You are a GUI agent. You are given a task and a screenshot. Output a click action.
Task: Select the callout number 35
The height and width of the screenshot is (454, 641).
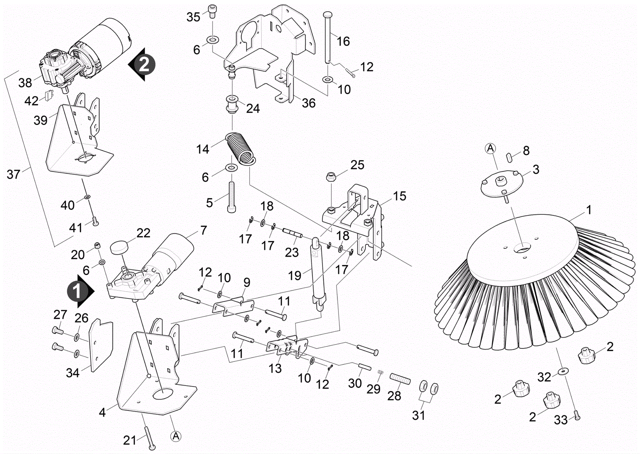coord(193,17)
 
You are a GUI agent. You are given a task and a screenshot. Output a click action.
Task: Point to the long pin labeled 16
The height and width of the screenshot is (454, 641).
coord(328,38)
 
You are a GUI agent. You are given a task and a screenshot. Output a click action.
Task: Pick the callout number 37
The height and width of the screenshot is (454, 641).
coord(13,174)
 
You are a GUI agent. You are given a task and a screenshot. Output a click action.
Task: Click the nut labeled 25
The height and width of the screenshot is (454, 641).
coord(332,176)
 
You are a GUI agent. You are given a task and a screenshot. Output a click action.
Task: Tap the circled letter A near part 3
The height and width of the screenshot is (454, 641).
coord(490,149)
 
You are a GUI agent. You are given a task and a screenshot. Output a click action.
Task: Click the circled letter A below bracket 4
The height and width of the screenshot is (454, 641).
coord(175,436)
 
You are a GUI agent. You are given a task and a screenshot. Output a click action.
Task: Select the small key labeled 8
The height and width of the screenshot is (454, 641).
coord(510,156)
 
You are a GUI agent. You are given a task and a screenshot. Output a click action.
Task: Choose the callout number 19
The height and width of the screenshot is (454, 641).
coord(294,275)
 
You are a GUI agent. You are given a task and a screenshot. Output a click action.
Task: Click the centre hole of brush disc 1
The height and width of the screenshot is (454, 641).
coord(522,248)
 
